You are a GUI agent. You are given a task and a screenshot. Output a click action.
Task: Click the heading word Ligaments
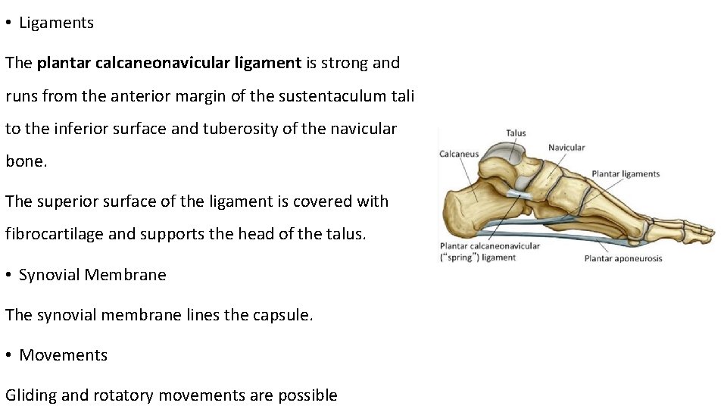[x=56, y=23]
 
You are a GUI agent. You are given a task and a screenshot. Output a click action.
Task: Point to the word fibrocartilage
[x=55, y=234]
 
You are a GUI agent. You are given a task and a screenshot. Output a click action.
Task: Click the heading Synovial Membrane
[x=92, y=275]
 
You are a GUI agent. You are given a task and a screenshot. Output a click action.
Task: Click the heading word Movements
[x=64, y=355]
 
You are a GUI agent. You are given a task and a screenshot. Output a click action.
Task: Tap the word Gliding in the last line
[x=30, y=395]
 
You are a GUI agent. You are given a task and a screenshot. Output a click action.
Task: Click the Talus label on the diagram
[x=516, y=133]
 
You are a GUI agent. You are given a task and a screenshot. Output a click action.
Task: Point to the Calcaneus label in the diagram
[x=459, y=155]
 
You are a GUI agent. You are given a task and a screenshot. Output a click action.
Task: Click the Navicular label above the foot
[x=566, y=148]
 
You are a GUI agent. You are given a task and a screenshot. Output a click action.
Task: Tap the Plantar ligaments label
[x=626, y=174]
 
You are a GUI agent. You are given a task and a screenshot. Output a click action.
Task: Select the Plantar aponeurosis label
[x=623, y=258]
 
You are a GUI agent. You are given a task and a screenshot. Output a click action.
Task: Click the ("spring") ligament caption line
[x=478, y=258]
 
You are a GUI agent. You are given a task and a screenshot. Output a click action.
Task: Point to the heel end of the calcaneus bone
[x=448, y=213]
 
